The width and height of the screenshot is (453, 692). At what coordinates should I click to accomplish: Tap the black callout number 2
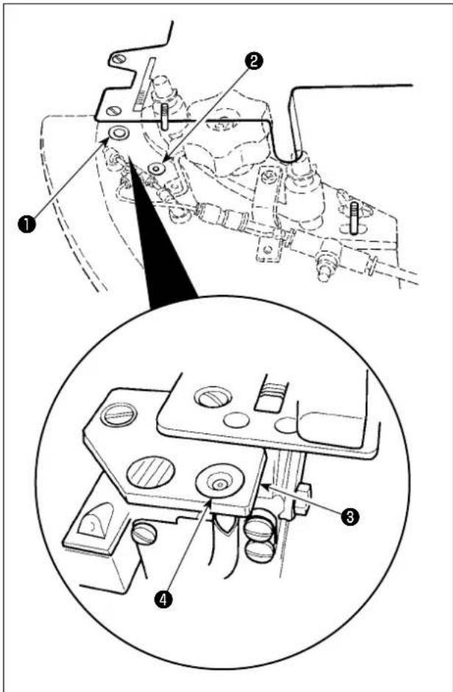[254, 61]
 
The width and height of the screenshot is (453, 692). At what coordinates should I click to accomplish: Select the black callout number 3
[350, 517]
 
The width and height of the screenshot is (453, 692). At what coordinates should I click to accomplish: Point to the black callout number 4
[164, 599]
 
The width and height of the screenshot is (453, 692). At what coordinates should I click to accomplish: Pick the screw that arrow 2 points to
[156, 168]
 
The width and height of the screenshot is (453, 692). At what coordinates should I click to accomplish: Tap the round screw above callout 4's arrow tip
[220, 482]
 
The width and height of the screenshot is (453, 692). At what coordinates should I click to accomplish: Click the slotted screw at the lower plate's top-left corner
[118, 415]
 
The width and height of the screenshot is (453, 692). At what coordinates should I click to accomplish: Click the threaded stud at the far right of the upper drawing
[354, 218]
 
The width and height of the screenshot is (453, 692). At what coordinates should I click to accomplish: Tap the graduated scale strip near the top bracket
[144, 84]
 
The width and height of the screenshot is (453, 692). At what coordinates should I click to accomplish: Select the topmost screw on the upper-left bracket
[117, 58]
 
